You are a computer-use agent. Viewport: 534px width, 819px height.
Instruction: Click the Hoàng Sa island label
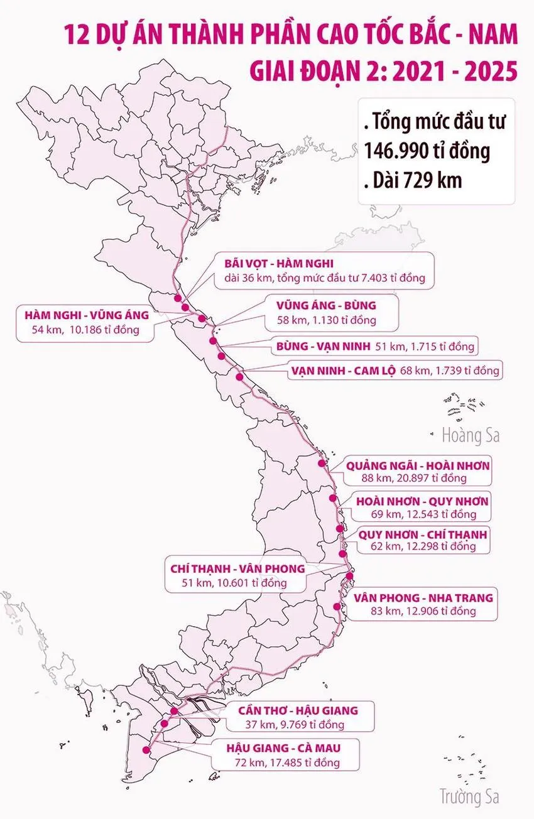[x=471, y=435]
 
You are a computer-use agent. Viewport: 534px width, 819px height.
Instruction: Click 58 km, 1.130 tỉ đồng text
[x=325, y=320]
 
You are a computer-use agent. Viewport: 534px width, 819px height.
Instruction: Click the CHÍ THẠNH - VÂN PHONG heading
[x=237, y=568]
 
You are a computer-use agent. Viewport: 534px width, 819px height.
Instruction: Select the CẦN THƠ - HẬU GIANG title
[x=298, y=710]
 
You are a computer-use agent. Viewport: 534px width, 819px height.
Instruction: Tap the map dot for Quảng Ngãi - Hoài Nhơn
[x=322, y=463]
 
